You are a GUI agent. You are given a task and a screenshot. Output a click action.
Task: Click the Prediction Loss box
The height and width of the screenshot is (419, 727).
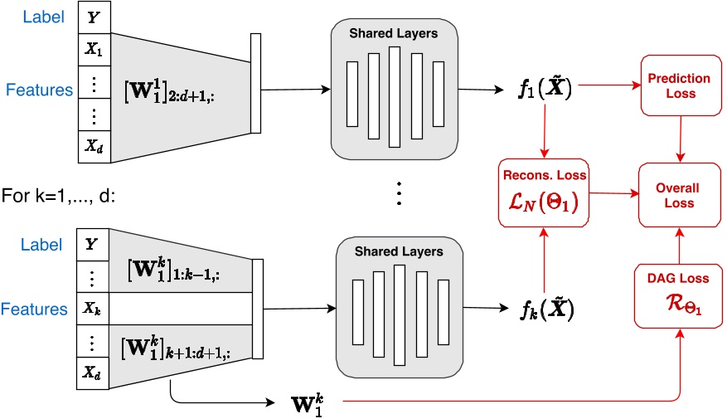pos(679,85)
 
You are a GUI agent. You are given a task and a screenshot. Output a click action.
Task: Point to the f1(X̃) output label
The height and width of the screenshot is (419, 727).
pos(542,88)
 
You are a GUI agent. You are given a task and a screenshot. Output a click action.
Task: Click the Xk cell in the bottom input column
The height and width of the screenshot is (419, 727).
pos(92,309)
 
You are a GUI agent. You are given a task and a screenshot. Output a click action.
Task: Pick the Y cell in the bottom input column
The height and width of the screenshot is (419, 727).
pos(92,244)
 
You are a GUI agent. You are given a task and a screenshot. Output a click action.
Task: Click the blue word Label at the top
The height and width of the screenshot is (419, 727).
pos(41,17)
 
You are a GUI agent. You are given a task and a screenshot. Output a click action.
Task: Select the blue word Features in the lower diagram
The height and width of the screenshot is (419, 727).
pos(36,309)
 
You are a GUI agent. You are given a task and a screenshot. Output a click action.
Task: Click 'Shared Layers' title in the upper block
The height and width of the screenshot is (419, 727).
pos(393,33)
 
